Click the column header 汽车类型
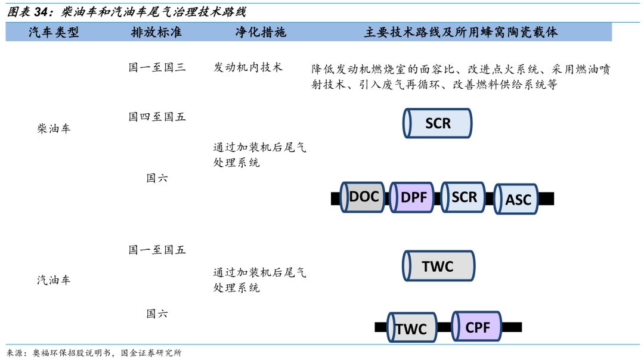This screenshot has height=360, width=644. click(54, 32)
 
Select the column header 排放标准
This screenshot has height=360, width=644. click(156, 32)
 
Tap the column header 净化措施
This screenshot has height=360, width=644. click(261, 32)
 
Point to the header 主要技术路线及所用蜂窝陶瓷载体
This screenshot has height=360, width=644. click(461, 32)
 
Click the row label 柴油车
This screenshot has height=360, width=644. click(54, 129)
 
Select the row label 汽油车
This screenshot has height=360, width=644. click(54, 280)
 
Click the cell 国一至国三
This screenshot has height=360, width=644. click(157, 67)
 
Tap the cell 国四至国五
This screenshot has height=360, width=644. click(157, 117)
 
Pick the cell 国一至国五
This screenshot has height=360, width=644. click(157, 250)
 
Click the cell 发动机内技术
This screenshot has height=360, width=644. click(248, 67)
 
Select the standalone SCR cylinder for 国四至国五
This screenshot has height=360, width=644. click(438, 123)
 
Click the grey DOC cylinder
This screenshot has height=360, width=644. click(363, 197)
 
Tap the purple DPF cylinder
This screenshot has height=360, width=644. click(411, 197)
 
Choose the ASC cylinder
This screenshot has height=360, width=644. click(516, 199)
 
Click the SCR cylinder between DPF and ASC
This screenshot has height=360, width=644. click(463, 197)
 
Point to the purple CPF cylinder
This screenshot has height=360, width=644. click(476, 327)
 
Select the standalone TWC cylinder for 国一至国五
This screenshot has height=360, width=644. click(439, 266)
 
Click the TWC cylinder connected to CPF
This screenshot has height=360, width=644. click(412, 327)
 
